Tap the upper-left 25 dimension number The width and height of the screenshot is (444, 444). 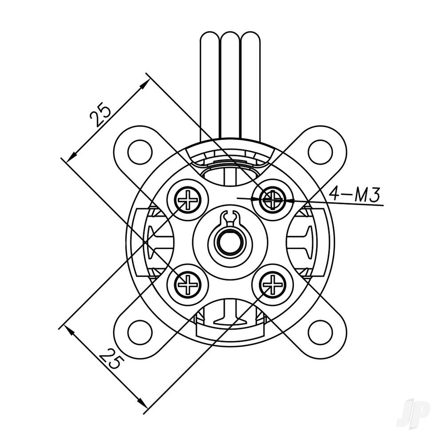100,115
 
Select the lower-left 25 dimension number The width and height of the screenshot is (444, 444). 110,359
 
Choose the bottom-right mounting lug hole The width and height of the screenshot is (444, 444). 321,331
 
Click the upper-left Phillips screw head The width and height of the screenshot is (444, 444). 189,200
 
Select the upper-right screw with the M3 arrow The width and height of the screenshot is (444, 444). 271,200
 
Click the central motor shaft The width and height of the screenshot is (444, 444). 230,242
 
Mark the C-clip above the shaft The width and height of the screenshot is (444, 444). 230,217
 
